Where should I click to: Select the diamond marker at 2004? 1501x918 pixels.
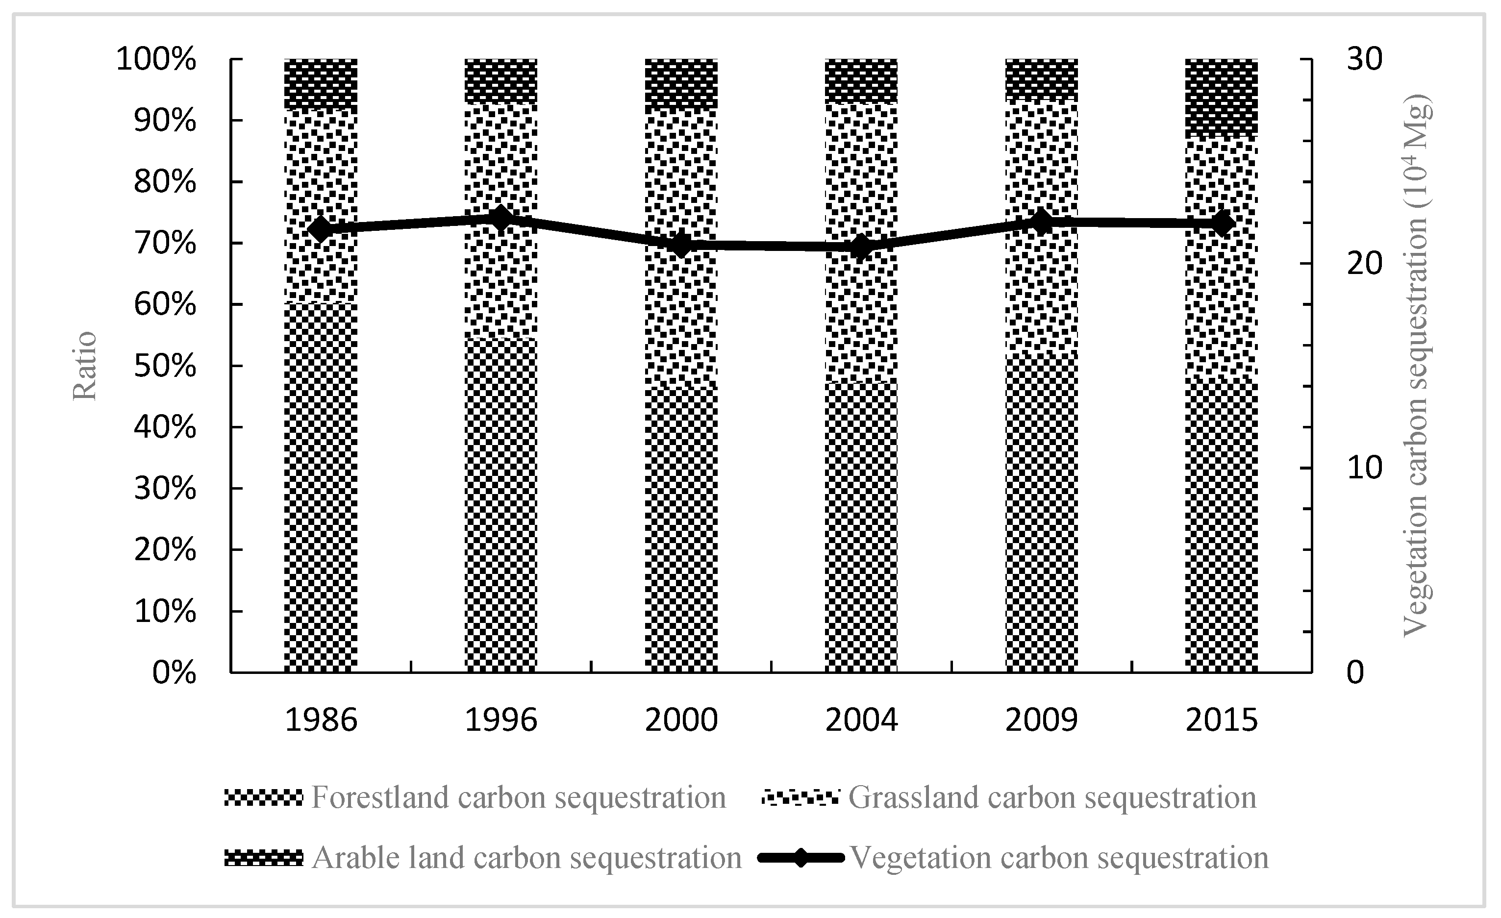(861, 248)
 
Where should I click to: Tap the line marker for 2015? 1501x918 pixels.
(1222, 224)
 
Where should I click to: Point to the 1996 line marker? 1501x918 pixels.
(500, 219)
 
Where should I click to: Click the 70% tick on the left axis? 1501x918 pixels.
(165, 244)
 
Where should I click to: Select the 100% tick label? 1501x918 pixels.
(156, 60)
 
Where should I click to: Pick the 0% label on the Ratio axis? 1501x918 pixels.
(174, 673)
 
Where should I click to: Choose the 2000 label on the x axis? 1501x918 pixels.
(681, 720)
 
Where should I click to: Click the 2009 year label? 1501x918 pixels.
(1041, 720)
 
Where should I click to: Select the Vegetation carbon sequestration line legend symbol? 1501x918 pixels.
(801, 858)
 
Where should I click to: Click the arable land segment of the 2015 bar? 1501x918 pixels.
(1222, 96)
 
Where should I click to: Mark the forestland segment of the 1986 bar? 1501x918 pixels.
(321, 487)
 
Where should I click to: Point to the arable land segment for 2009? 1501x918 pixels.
(1041, 78)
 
